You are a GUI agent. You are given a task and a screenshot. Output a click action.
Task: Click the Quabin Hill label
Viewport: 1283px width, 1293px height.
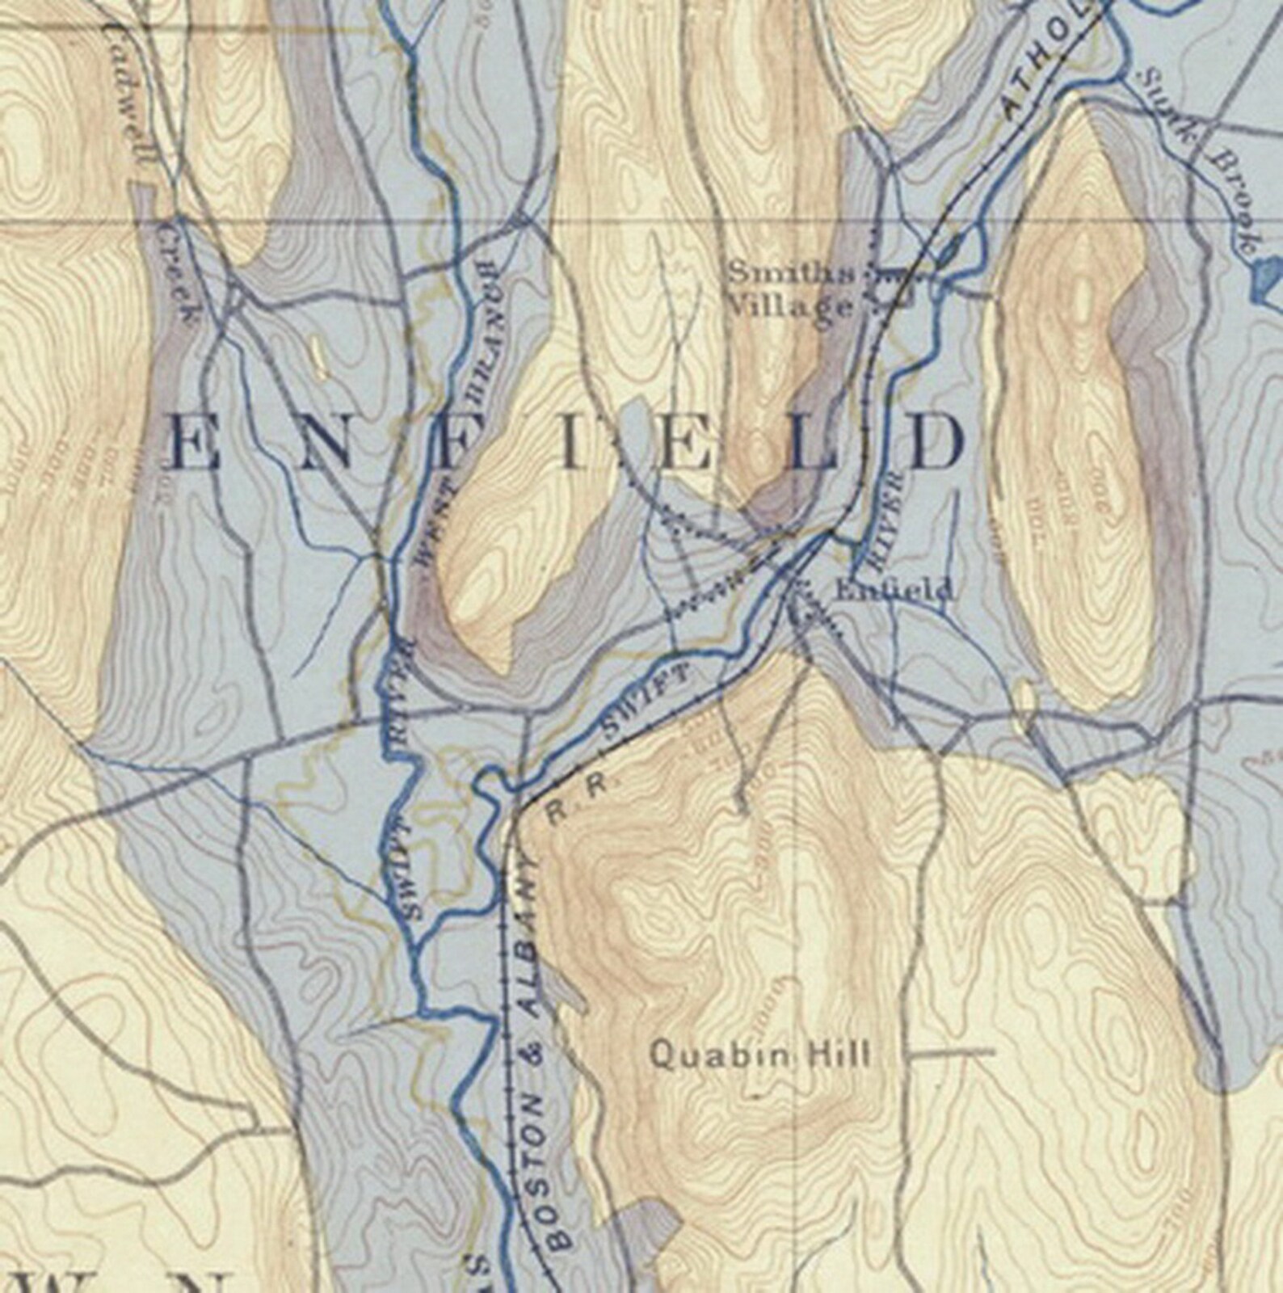pyautogui.click(x=760, y=1055)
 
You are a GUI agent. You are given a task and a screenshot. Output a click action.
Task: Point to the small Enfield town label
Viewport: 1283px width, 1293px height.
pyautogui.click(x=893, y=592)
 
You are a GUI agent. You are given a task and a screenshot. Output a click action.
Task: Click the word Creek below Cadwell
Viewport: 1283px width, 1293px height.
pyautogui.click(x=179, y=275)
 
